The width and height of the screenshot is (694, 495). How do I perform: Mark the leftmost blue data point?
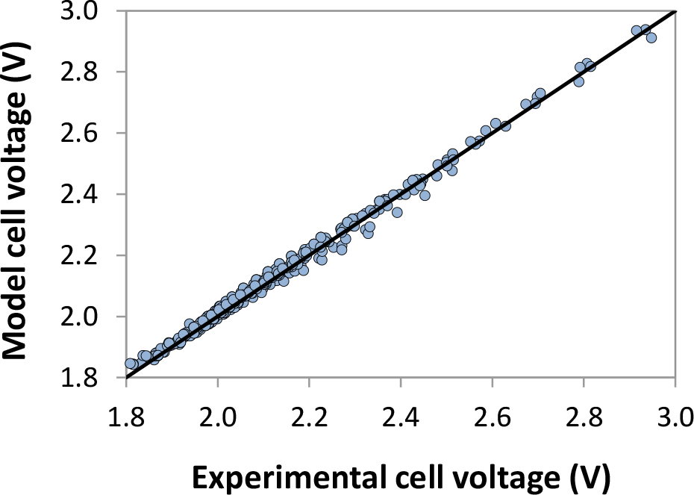[x=130, y=364]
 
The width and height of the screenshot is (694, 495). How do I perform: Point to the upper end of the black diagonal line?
[x=675, y=11]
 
